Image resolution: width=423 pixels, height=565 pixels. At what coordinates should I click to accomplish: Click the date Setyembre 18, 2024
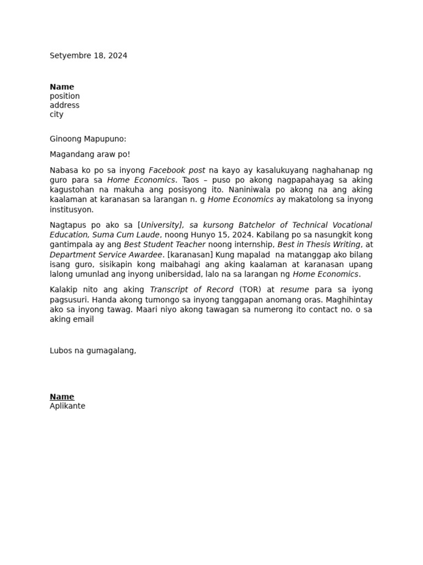pyautogui.click(x=88, y=56)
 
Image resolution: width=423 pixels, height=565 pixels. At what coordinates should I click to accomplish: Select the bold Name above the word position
pyautogui.click(x=62, y=87)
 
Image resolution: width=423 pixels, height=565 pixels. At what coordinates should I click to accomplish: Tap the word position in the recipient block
pyautogui.click(x=64, y=96)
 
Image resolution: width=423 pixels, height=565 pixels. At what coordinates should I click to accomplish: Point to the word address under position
pyautogui.click(x=64, y=105)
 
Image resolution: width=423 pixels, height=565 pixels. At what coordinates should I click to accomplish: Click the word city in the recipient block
pyautogui.click(x=56, y=115)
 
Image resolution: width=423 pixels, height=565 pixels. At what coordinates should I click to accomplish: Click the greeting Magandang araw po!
pyautogui.click(x=90, y=154)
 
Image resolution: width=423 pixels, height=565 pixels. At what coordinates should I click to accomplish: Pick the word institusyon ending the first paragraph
pyautogui.click(x=72, y=210)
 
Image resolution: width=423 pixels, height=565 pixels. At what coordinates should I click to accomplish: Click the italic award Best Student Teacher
pyautogui.click(x=164, y=244)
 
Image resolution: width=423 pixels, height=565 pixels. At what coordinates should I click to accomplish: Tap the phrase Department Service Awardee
pyautogui.click(x=106, y=254)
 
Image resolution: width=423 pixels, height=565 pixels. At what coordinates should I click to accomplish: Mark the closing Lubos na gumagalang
pyautogui.click(x=93, y=350)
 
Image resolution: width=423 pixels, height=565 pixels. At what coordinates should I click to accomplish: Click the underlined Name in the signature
pyautogui.click(x=62, y=397)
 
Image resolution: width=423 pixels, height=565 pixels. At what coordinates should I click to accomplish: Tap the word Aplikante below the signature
pyautogui.click(x=67, y=406)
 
